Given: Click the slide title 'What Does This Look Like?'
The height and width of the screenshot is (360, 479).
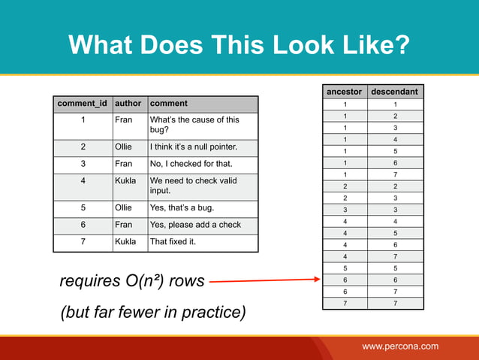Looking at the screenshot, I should pos(239,46).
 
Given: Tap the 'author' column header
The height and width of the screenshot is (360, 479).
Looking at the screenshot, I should pos(128,104).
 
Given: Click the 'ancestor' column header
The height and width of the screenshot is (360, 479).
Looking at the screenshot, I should pos(344,92).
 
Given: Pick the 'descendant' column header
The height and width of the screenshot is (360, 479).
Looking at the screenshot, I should pos(395,92).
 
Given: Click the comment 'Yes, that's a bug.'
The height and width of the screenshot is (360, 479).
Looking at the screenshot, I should pos(185,205).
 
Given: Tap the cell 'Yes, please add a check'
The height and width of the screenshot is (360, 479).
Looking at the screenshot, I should pos(195,224).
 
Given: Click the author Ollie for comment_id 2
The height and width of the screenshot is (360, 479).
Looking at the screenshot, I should pos(125,146).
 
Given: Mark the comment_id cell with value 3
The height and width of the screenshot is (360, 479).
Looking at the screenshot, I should pos(83,164).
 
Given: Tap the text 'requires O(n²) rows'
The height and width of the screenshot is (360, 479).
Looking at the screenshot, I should pos(131,282).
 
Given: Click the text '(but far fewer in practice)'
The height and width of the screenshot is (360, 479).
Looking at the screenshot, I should pos(152,312).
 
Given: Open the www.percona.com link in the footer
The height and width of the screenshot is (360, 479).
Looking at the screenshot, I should pos(400,346).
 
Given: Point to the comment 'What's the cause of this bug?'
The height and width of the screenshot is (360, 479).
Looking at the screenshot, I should pos(194,125).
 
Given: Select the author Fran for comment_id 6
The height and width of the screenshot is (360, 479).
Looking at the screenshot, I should pos(123,224).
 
